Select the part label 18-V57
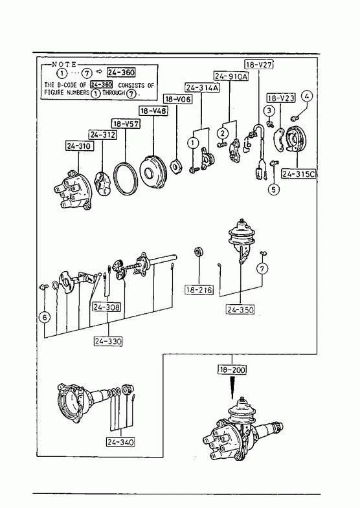[x=126, y=124]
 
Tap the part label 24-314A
[x=202, y=87]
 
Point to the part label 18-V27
[x=258, y=65]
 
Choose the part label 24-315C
[x=298, y=174]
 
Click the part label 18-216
[x=199, y=290]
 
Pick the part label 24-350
[x=240, y=310]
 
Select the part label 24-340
[x=120, y=442]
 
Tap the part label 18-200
[x=232, y=370]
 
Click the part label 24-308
[x=107, y=307]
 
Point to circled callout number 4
[x=306, y=96]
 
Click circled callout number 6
[x=45, y=317]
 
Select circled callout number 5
[x=274, y=189]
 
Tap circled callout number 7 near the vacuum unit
[x=262, y=269]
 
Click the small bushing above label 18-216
[x=199, y=252]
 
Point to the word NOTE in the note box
[x=64, y=65]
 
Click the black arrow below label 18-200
[x=232, y=388]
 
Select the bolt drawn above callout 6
[x=43, y=287]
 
